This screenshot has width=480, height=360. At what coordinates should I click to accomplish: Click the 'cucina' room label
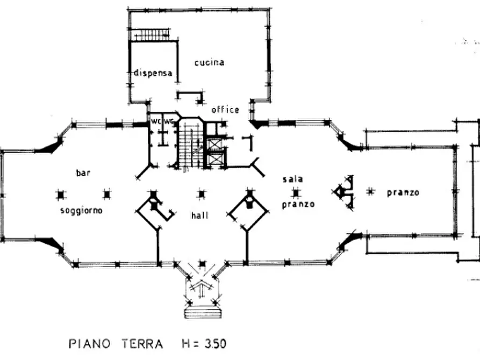[x=210, y=62]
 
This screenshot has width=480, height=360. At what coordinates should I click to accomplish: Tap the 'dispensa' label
[x=153, y=73]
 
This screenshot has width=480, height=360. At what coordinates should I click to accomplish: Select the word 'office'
[x=225, y=109]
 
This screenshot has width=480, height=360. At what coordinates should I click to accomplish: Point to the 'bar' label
[x=83, y=172]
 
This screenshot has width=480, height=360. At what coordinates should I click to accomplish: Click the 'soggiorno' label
[x=81, y=211]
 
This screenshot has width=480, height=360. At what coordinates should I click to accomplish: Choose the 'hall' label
[x=200, y=215]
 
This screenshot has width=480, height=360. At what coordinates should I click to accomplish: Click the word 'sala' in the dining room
[x=292, y=179]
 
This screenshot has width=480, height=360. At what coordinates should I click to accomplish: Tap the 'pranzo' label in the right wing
[x=403, y=192]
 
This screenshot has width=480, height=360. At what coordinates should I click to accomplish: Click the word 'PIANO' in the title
[x=89, y=343]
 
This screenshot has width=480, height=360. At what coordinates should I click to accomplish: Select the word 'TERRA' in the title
[x=142, y=343]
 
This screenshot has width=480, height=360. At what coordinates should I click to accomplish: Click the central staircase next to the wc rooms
[x=190, y=145]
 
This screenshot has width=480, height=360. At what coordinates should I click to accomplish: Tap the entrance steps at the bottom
[x=203, y=312]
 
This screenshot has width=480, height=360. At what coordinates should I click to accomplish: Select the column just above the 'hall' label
[x=201, y=195]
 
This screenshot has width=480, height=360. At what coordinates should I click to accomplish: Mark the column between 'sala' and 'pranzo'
[x=296, y=193]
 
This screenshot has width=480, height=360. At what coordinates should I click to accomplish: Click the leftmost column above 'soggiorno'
[x=61, y=195]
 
